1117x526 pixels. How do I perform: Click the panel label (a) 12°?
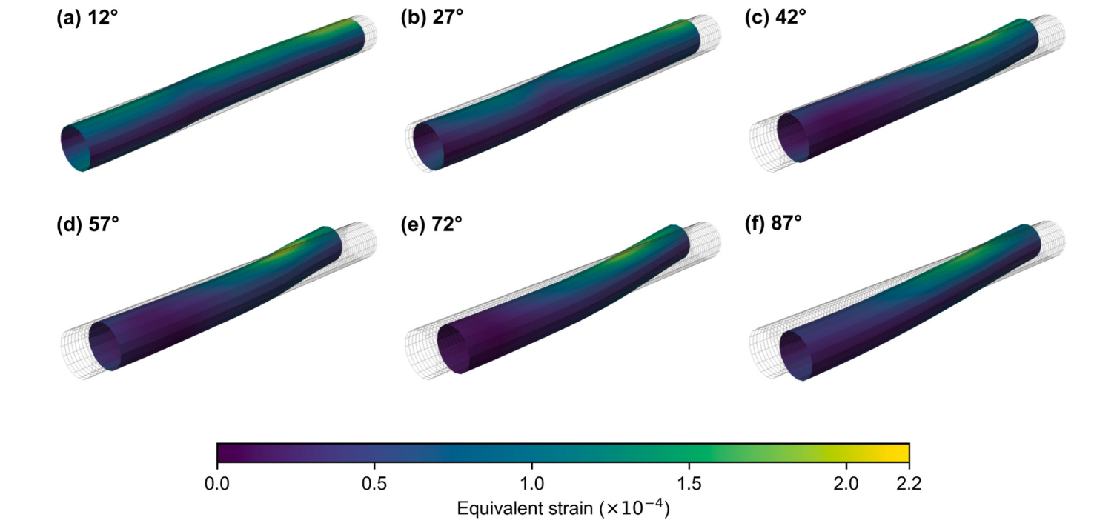pos(87,19)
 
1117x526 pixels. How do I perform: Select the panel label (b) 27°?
pos(432,18)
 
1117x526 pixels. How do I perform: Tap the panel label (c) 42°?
pos(775,18)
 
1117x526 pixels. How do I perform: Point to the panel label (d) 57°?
pos(87,224)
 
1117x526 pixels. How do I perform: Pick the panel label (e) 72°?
pos(431,224)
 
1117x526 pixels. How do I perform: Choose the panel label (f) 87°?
pos(773,223)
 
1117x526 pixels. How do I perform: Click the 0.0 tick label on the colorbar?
pos(217,484)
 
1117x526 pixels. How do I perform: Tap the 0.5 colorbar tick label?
pos(374,484)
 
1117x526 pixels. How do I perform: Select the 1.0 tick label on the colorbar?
pos(531,484)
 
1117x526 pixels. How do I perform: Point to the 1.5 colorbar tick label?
pos(689,484)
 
